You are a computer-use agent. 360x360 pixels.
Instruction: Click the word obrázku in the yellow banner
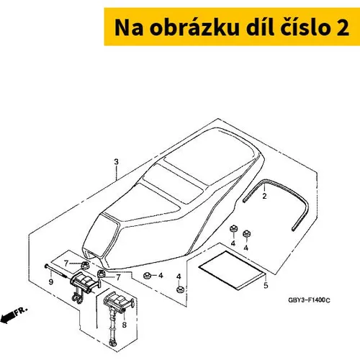(x=194, y=27)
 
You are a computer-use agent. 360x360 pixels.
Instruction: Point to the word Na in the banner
(x=129, y=27)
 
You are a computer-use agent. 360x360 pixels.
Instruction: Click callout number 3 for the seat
(x=116, y=162)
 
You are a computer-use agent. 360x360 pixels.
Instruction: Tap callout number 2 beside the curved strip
(x=264, y=196)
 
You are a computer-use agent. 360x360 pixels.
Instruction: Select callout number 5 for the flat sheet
(x=266, y=286)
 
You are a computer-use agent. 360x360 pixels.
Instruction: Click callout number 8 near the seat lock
(x=124, y=325)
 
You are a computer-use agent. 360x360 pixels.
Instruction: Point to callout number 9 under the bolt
(x=51, y=282)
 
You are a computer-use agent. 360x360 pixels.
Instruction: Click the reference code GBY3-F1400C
(x=309, y=300)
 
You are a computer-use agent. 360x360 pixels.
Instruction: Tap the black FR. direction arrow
(x=8, y=318)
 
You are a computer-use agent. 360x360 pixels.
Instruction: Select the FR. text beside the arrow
(x=21, y=311)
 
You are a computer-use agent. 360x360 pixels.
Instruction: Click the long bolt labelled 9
(x=56, y=271)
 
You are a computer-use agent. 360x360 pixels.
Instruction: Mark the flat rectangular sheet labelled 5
(x=233, y=270)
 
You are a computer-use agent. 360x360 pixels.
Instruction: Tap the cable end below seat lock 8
(x=112, y=343)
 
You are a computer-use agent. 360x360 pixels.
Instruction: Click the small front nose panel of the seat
(x=102, y=235)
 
